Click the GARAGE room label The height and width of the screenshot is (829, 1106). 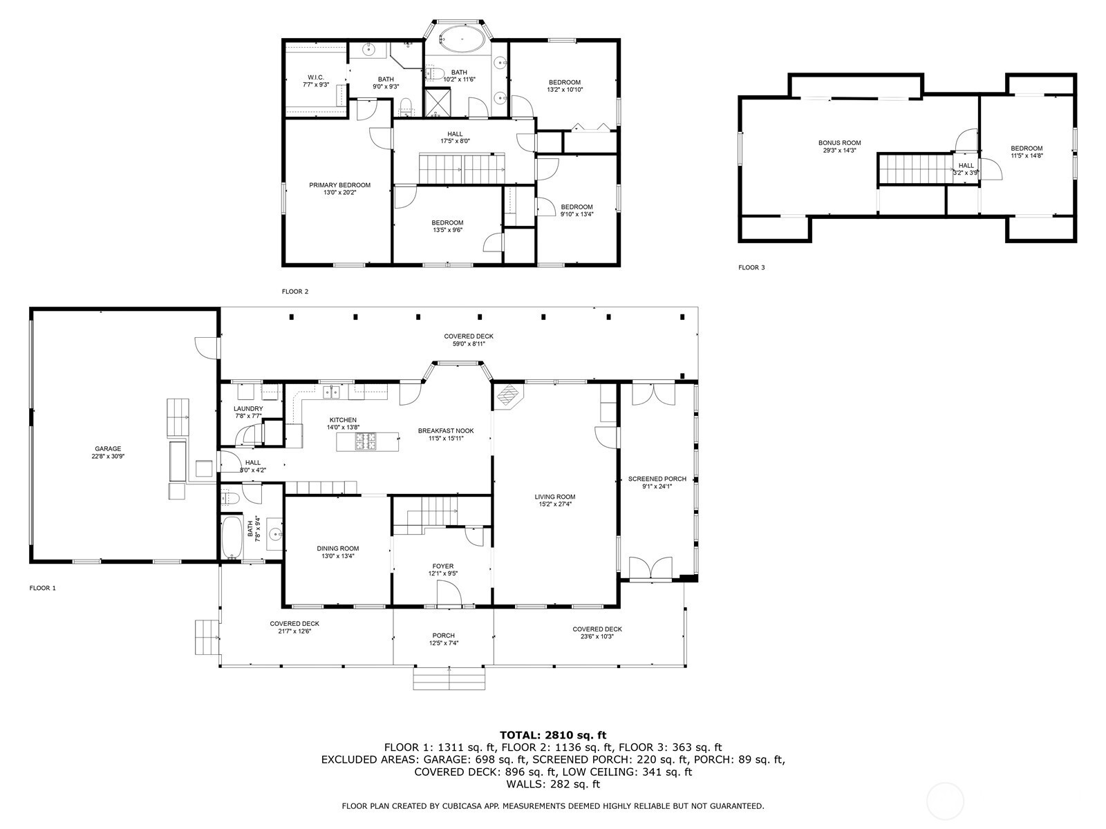pyautogui.click(x=108, y=449)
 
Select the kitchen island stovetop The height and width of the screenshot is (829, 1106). pyautogui.click(x=367, y=441)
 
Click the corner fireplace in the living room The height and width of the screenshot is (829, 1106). pyautogui.click(x=509, y=395)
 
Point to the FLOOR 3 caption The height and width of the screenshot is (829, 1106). pyautogui.click(x=751, y=267)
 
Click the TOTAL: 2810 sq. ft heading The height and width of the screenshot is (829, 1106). pyautogui.click(x=553, y=735)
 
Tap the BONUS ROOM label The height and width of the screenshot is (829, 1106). pyautogui.click(x=839, y=143)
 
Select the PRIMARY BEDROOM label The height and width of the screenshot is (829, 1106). pyautogui.click(x=339, y=185)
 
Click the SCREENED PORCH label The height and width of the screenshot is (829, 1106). pyautogui.click(x=657, y=479)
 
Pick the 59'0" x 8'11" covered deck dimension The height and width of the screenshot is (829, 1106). pyautogui.click(x=469, y=344)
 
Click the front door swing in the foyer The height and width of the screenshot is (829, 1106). pyautogui.click(x=449, y=594)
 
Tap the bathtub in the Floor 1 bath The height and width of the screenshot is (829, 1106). pyautogui.click(x=232, y=537)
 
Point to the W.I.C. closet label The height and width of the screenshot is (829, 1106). pyautogui.click(x=316, y=77)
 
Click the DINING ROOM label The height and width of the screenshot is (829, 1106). pyautogui.click(x=337, y=549)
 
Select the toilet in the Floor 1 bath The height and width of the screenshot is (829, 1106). pyautogui.click(x=230, y=497)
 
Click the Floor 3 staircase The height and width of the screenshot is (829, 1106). pyautogui.click(x=915, y=169)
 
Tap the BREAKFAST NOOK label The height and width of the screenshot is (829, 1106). pyautogui.click(x=446, y=431)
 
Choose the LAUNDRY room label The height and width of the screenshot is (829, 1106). pyautogui.click(x=248, y=409)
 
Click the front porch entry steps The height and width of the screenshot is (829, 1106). pyautogui.click(x=449, y=678)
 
